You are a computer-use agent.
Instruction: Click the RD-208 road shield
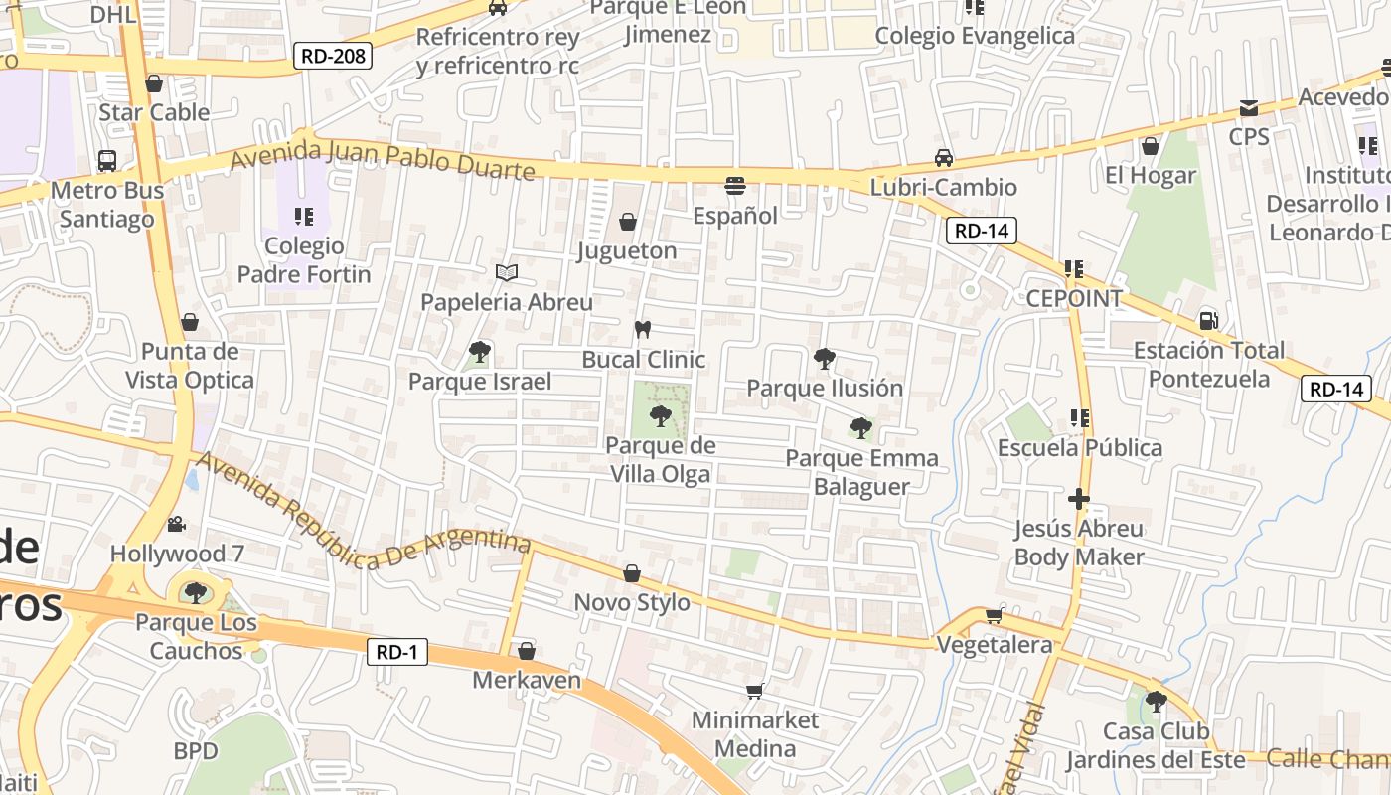click(333, 56)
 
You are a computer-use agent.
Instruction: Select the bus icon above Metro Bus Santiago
click(106, 160)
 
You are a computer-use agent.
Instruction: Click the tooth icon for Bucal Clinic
click(643, 329)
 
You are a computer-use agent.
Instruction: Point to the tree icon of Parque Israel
click(480, 351)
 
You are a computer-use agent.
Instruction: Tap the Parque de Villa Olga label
click(661, 460)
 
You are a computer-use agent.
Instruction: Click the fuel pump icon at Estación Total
click(1209, 320)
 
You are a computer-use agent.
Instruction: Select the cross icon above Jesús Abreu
click(1079, 498)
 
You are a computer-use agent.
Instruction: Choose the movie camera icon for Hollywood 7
click(177, 524)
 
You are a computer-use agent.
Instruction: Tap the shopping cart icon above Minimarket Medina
click(754, 691)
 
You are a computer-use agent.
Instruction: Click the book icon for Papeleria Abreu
click(507, 272)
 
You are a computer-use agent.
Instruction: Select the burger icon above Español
click(735, 185)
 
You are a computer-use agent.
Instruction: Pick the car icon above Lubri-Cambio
click(944, 158)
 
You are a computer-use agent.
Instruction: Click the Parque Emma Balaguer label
click(861, 472)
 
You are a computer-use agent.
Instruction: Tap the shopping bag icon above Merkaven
click(527, 651)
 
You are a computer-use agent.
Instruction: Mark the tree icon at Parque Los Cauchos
click(196, 593)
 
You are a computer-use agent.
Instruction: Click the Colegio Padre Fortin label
click(304, 260)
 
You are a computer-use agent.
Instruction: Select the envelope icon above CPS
click(1249, 107)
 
